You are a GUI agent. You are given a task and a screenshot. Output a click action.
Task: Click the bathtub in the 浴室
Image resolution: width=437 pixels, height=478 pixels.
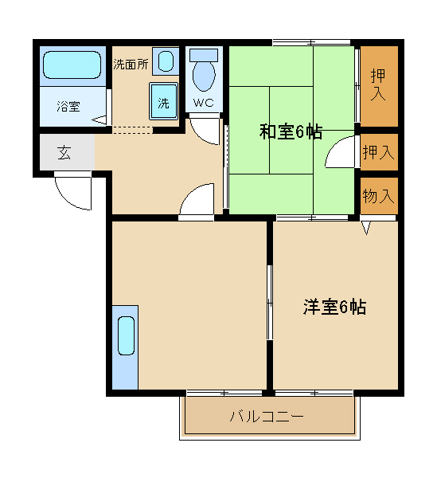(72, 65)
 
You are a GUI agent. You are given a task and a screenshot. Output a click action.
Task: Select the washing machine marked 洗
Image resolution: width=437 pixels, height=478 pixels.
(163, 101)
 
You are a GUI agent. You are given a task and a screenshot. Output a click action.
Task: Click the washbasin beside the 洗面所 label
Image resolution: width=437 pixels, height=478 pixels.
(166, 61)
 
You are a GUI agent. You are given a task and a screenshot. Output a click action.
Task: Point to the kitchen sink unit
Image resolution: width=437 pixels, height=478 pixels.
(125, 347)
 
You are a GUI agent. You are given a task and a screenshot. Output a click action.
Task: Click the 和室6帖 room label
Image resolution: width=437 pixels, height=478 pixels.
(291, 131)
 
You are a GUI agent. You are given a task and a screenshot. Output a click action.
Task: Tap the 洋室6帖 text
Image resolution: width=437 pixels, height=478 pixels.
(334, 307)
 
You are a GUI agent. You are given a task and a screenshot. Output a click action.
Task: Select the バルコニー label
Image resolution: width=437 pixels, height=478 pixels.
(267, 416)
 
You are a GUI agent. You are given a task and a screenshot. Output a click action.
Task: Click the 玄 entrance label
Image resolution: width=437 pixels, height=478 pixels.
(64, 153)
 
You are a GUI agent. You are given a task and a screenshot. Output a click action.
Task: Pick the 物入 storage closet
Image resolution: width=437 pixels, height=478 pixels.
(379, 196)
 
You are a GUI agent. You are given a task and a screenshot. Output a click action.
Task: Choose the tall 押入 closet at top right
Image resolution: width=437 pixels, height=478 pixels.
(379, 86)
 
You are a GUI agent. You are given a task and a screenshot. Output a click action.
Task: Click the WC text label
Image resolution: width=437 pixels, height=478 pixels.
(204, 103)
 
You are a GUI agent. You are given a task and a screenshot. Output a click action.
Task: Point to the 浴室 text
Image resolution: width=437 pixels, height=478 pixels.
(68, 107)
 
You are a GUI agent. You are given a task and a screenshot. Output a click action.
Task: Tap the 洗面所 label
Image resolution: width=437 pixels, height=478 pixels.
(131, 64)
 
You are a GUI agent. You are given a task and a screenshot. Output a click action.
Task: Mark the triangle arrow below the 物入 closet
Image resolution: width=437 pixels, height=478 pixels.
(366, 228)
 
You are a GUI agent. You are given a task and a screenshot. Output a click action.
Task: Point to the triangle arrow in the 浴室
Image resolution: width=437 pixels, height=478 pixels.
(99, 119)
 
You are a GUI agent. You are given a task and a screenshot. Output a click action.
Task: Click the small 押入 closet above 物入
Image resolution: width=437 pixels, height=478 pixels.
(379, 152)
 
